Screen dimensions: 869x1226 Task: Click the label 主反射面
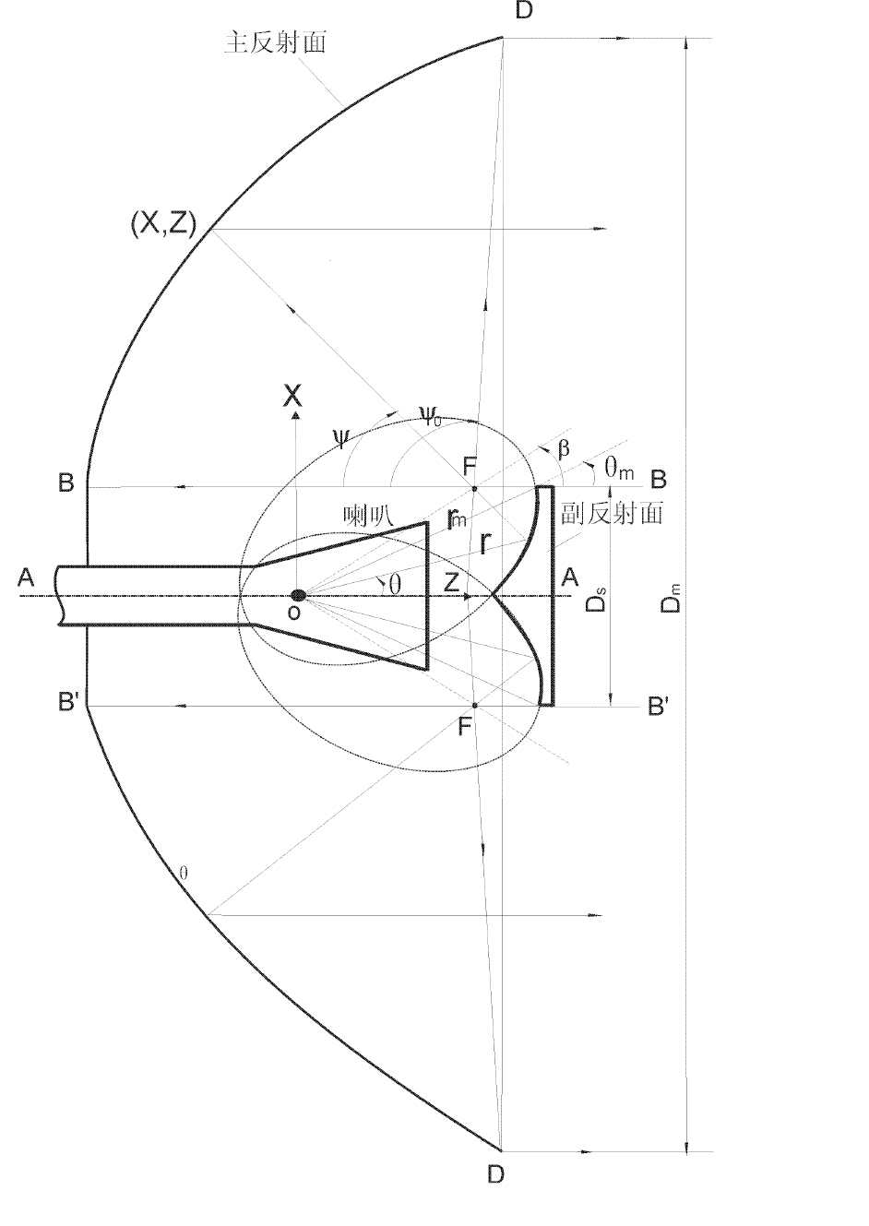tap(276, 42)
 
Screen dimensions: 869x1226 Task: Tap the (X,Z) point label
tap(163, 224)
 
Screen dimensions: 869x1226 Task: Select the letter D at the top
tap(524, 10)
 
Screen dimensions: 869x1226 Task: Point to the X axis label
tap(293, 396)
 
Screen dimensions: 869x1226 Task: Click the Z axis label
tap(451, 582)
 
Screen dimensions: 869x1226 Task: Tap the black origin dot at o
tap(298, 595)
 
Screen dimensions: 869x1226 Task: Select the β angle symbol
tap(564, 449)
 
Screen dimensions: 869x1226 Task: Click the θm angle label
tap(618, 469)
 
